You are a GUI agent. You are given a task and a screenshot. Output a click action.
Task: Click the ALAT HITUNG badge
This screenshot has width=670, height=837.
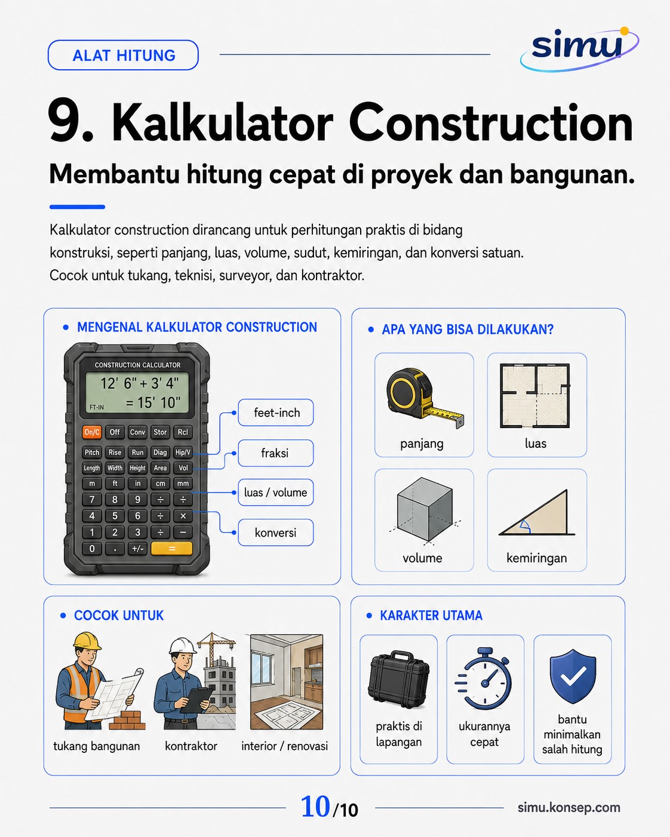123,56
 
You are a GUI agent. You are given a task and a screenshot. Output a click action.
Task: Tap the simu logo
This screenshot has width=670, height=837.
579,48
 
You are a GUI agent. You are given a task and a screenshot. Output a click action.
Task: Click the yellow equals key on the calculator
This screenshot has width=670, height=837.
171,549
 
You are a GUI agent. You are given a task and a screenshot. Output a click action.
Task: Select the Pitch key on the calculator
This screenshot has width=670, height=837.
92,453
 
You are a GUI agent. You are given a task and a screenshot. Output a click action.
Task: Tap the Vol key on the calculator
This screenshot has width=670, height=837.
183,468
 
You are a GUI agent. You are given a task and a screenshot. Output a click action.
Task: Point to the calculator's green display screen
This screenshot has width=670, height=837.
137,392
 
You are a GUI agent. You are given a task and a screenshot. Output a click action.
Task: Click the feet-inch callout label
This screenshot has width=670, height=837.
276,413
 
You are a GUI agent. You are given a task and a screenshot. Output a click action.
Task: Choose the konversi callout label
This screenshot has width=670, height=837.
276,533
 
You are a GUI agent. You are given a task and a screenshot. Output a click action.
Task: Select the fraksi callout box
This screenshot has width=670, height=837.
276,453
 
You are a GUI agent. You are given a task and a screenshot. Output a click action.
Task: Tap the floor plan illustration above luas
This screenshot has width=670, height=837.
535,396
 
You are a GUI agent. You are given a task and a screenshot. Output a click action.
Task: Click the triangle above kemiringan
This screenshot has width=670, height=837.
537,513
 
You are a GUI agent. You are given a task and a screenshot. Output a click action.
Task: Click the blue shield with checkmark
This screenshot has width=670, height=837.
573,676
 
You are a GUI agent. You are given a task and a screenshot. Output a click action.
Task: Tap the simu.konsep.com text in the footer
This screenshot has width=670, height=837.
569,807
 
